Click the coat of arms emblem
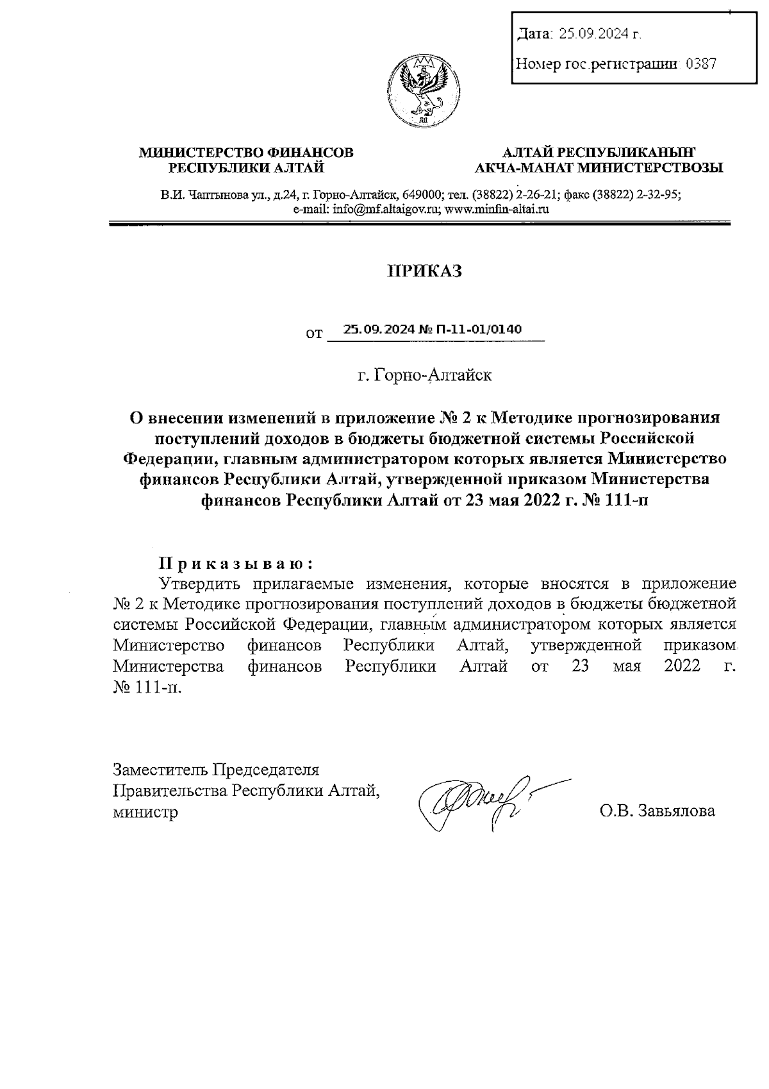423,90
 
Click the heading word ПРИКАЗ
424,271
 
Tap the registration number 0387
700,63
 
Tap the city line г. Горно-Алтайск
424,375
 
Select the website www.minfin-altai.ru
497,209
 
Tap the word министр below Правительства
145,812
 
